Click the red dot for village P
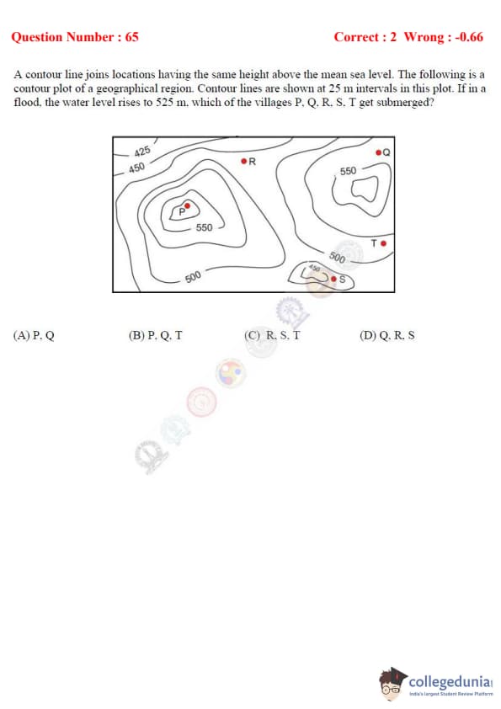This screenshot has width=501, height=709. pos(188,206)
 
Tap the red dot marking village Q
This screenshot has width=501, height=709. pos(379,152)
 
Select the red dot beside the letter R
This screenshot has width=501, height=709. pos(244,161)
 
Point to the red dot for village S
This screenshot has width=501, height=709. pos(333,279)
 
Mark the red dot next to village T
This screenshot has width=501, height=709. pos(383,243)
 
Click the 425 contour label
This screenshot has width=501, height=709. pos(142,152)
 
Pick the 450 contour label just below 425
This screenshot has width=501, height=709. pos(136,168)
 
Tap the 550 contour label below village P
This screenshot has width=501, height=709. pos(204,227)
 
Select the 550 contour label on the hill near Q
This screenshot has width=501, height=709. pos(348,171)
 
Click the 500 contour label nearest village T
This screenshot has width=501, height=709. pos(338,258)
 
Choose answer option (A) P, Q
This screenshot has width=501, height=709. pos(34,335)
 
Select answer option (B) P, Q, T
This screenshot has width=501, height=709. pos(156,335)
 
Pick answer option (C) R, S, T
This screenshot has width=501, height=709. pos(272,335)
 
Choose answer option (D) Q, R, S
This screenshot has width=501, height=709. pos(387,335)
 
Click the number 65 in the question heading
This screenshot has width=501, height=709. pos(131,36)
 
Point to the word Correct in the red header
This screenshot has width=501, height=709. pos(355,36)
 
